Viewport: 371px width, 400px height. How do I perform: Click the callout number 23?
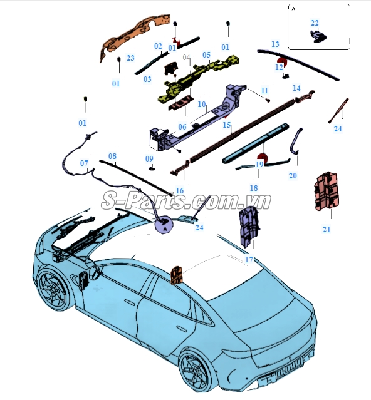(130, 58)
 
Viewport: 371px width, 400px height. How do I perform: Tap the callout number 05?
(206, 55)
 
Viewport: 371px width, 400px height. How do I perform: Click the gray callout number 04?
(186, 58)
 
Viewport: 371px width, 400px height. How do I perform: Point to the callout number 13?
(275, 44)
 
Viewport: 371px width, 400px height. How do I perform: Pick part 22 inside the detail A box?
(318, 36)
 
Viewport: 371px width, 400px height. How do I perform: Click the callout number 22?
(315, 23)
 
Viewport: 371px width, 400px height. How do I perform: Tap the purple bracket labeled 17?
(249, 227)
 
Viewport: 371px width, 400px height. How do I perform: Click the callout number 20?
(293, 175)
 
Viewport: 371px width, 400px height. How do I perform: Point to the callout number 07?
(84, 163)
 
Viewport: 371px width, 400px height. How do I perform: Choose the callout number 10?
(202, 104)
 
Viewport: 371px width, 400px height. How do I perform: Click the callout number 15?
(227, 125)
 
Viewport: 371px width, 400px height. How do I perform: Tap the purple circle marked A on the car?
(164, 225)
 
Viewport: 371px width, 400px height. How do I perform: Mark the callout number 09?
(149, 158)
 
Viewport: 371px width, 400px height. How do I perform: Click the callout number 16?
(179, 190)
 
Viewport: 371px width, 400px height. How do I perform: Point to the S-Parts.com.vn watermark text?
(186, 202)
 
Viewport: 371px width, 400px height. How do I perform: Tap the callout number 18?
(254, 188)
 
